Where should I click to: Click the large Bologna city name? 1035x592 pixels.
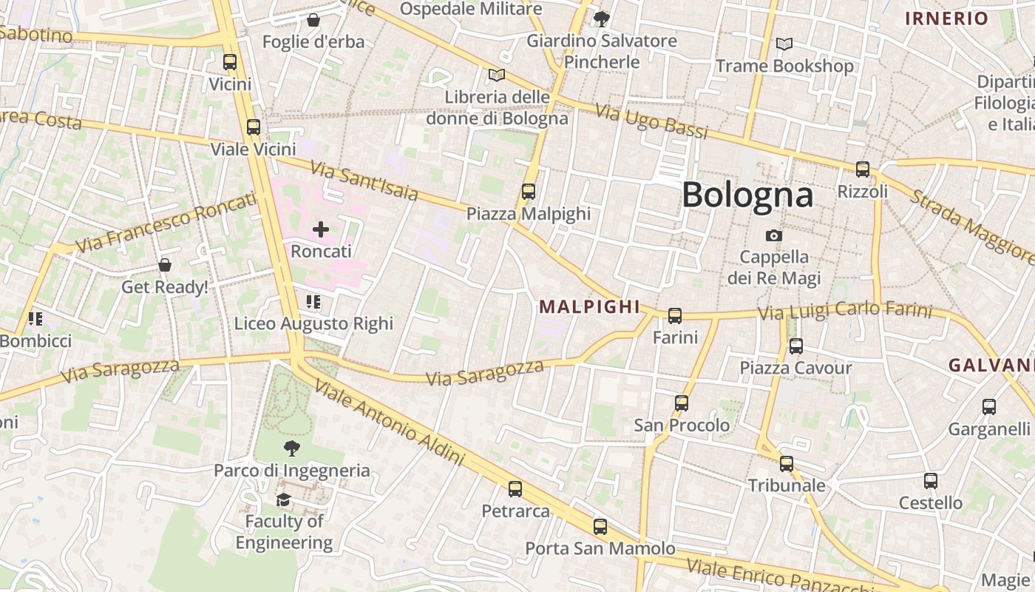coord(747,195)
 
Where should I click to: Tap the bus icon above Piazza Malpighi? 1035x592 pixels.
coord(529,192)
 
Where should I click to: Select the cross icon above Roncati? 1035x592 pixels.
coord(321,229)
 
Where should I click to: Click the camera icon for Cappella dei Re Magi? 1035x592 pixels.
coord(774,235)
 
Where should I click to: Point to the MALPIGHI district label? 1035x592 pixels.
coord(589,306)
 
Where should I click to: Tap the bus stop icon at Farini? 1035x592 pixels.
coord(675,316)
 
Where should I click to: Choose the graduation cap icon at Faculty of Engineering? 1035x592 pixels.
coord(284,500)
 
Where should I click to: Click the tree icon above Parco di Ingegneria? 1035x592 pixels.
coord(292,448)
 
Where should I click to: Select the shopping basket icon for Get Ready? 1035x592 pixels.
coord(165,265)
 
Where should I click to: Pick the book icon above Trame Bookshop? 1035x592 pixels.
coord(784,44)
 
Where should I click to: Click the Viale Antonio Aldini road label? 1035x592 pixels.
coord(390,423)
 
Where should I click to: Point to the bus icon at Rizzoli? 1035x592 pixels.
coord(863,169)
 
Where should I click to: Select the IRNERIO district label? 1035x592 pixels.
coord(946,19)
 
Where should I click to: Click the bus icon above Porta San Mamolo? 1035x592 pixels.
coord(600,527)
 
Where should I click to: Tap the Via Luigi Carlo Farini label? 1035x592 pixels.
coord(845,311)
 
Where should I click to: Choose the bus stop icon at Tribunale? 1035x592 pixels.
coord(787,464)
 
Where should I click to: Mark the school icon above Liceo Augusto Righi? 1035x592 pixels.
coord(313,302)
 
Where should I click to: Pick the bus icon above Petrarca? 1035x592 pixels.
coord(515,489)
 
